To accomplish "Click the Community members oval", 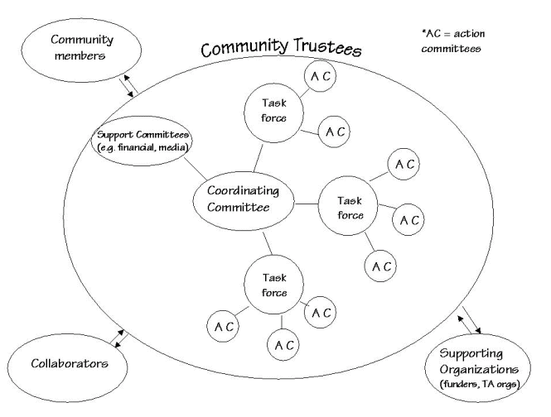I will click(81, 48).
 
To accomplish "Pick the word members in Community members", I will click(81, 56).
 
